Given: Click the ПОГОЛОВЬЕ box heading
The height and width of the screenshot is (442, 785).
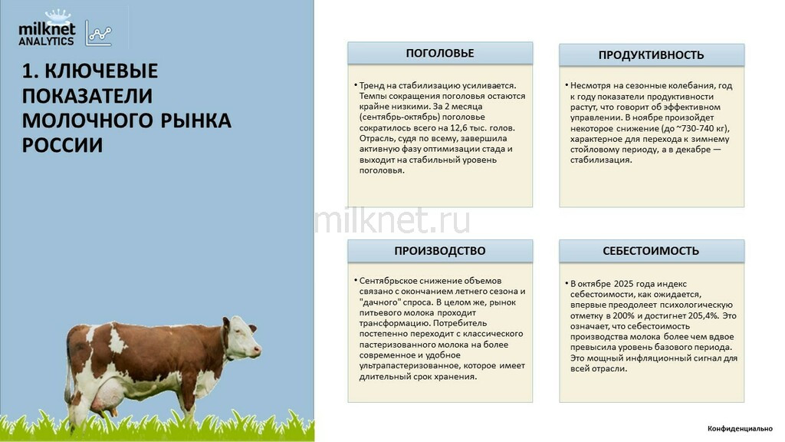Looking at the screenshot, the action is click(x=439, y=53).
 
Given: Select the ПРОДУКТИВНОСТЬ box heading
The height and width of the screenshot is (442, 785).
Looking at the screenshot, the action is click(x=651, y=55).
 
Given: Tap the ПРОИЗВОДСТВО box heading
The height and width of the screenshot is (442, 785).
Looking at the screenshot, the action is click(x=439, y=251).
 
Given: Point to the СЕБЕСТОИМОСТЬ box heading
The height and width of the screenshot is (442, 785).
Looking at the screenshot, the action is click(x=651, y=251).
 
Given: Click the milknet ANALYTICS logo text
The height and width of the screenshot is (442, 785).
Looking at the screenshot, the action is click(x=47, y=34).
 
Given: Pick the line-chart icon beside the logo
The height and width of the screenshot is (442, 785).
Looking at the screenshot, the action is click(x=98, y=33).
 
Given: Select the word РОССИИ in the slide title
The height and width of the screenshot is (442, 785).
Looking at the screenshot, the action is click(x=62, y=145).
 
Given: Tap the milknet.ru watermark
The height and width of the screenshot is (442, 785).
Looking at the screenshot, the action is click(x=392, y=220).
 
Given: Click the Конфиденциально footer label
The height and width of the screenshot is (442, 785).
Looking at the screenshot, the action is click(x=740, y=428).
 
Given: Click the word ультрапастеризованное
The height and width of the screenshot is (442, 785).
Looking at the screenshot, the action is click(x=409, y=366).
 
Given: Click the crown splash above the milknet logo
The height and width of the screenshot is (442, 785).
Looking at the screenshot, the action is click(x=57, y=16).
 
